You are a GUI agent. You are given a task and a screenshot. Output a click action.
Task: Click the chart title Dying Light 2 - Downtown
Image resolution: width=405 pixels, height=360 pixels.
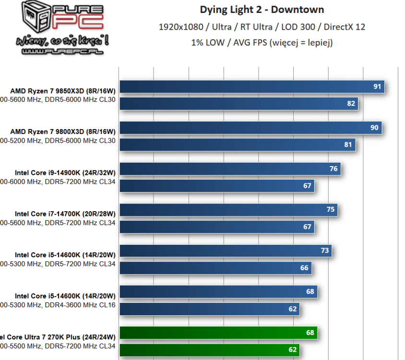pyautogui.click(x=262, y=10)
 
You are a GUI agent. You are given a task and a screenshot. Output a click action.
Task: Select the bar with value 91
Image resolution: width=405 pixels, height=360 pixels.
pyautogui.click(x=252, y=87)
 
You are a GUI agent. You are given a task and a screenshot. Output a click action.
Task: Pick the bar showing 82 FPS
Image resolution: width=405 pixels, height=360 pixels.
pyautogui.click(x=238, y=104)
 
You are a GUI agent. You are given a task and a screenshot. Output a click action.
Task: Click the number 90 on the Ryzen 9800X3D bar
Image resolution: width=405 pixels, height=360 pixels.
pyautogui.click(x=375, y=128)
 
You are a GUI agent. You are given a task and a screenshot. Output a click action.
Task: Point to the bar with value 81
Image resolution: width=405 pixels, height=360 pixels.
pyautogui.click(x=237, y=144)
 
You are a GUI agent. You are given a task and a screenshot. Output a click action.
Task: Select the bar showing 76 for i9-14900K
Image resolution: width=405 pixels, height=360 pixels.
pyautogui.click(x=230, y=169)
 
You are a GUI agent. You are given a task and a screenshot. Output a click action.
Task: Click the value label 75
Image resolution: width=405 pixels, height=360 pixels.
pyautogui.click(x=331, y=210)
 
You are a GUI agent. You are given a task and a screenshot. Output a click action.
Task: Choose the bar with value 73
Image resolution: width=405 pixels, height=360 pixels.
pyautogui.click(x=226, y=251)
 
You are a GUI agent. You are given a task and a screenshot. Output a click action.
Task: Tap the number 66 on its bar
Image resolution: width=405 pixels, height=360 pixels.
pyautogui.click(x=304, y=268)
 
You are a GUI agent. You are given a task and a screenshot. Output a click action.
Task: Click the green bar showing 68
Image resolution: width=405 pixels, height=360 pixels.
pyautogui.click(x=218, y=333)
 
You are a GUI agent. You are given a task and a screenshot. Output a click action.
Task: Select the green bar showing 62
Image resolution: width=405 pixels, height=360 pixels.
pyautogui.click(x=209, y=350)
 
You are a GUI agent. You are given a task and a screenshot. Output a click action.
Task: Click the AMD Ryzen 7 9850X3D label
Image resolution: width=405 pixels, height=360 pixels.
pyautogui.click(x=63, y=91)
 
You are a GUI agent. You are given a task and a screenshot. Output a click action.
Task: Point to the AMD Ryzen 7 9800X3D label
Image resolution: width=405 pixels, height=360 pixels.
pyautogui.click(x=63, y=132)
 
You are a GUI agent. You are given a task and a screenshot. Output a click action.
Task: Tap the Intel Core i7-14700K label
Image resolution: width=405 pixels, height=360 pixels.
pyautogui.click(x=65, y=214)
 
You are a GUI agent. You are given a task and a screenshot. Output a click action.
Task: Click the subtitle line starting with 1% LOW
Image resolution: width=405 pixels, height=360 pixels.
pyautogui.click(x=262, y=42)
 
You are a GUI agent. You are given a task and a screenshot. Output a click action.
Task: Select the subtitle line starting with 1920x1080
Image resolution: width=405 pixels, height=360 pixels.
pyautogui.click(x=262, y=27)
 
